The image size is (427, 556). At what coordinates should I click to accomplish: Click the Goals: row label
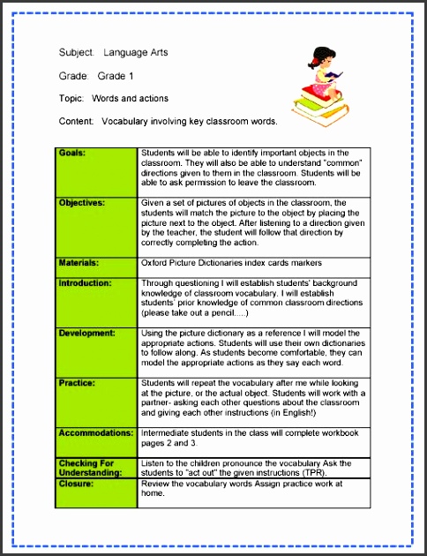pyautogui.click(x=72, y=153)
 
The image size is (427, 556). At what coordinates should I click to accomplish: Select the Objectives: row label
pyautogui.click(x=81, y=203)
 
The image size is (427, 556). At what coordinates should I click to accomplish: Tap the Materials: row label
pyautogui.click(x=79, y=262)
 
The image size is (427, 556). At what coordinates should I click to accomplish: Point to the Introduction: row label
pyautogui.click(x=86, y=283)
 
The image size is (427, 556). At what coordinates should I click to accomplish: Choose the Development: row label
pyautogui.click(x=86, y=334)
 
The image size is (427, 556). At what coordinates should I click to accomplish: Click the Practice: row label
pyautogui.click(x=77, y=383)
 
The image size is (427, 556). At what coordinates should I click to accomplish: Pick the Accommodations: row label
pyautogui.click(x=95, y=433)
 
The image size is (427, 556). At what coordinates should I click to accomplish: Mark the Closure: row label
pyautogui.click(x=76, y=485)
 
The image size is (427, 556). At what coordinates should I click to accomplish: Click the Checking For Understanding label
pyautogui.click(x=88, y=468)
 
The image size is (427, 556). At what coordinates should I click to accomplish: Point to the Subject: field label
pyautogui.click(x=77, y=53)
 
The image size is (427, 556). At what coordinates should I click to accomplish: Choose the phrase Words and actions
pyautogui.click(x=130, y=98)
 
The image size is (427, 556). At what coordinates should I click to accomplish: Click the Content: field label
pyautogui.click(x=77, y=121)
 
